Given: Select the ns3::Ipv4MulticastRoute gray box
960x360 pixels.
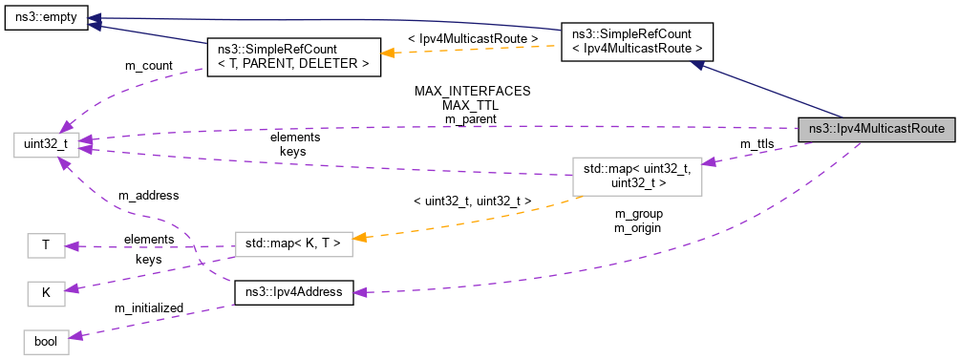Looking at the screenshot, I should (876, 129).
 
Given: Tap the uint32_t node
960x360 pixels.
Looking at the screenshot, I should (41, 146).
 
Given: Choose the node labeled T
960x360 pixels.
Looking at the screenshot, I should (46, 245).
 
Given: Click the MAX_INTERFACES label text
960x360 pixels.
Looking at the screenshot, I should (472, 91).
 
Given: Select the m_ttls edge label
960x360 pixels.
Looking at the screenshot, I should (757, 143).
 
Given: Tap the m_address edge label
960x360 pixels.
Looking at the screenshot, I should (147, 195).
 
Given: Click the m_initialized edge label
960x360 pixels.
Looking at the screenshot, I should (148, 307).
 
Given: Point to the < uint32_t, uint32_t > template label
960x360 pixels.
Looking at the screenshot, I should (472, 201).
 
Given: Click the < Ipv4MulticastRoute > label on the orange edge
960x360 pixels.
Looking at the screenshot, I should (472, 37).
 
